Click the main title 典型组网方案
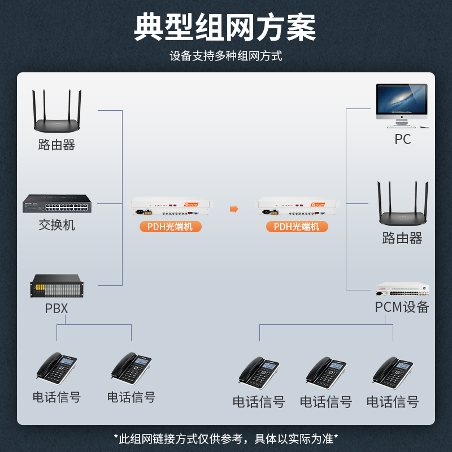[x=225, y=27]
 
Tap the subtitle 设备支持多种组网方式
[x=225, y=56]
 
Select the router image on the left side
[x=56, y=112]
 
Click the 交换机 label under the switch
[x=56, y=225]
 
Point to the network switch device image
[x=56, y=203]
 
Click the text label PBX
[x=56, y=308]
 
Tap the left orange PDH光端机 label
[x=170, y=227]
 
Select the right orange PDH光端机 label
[x=297, y=227]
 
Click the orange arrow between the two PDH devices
[x=234, y=209]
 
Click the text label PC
[x=402, y=139]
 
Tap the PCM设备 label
[x=402, y=307]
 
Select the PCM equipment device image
[x=402, y=289]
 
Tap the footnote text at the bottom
[x=225, y=438]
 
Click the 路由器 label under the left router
[x=56, y=145]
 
